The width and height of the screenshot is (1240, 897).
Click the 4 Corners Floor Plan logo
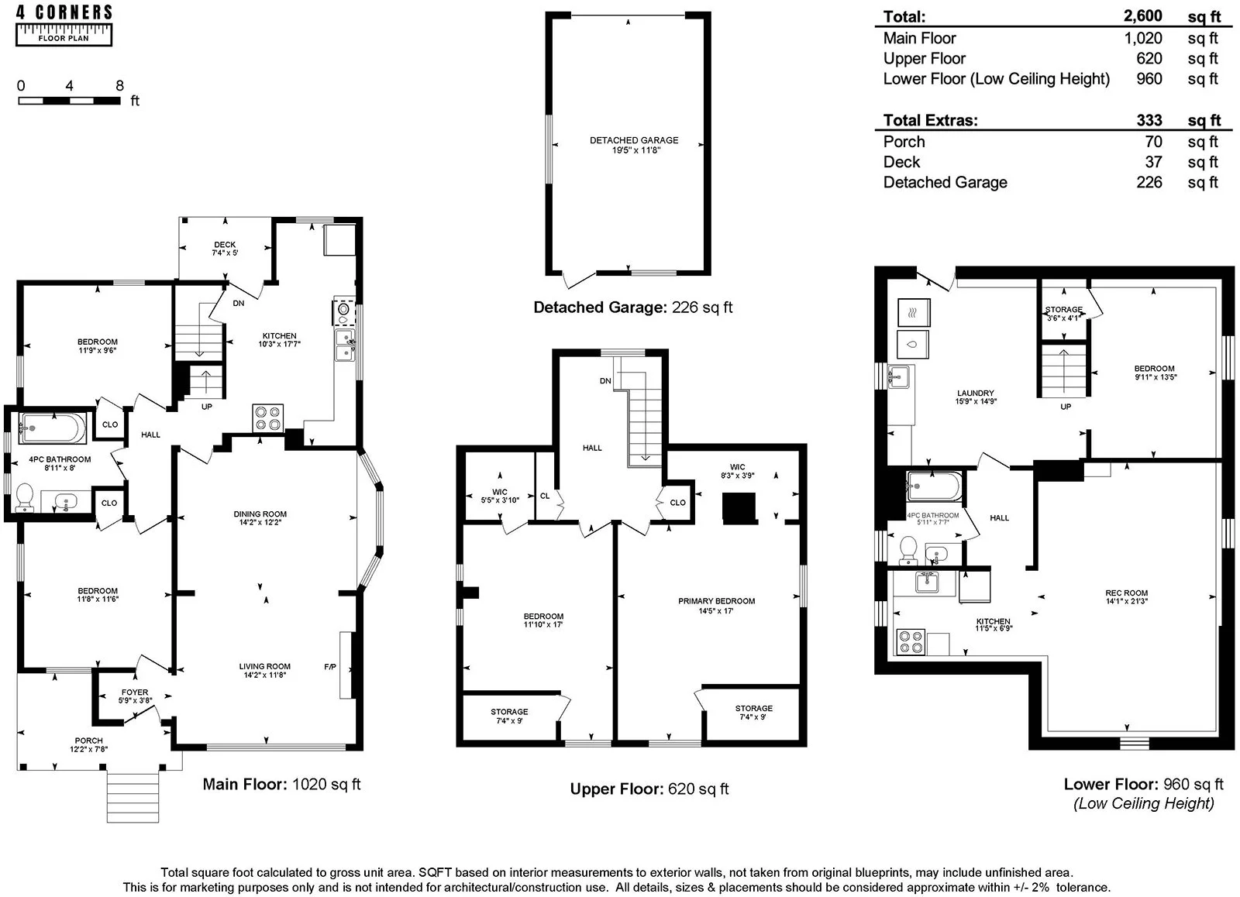64,24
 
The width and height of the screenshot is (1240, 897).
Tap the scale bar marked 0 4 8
69,101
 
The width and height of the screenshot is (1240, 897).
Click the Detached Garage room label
633,145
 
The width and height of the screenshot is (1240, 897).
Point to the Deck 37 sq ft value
1153,162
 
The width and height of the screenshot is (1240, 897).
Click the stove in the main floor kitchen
267,418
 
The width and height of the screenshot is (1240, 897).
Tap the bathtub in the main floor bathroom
53,425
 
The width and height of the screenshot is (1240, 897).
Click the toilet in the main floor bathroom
25,497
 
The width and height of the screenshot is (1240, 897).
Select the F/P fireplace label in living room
330,667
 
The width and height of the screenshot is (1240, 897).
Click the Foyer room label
135,696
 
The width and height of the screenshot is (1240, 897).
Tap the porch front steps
133,796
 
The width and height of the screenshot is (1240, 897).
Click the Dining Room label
260,518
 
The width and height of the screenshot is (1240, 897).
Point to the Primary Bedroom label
716,606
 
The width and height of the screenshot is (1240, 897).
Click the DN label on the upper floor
605,381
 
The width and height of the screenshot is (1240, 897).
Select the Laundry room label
975,397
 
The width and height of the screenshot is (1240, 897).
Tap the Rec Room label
1126,596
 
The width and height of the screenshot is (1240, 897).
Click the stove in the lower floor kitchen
911,642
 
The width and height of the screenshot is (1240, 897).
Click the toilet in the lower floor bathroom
908,551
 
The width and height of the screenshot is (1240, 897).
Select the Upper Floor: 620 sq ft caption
649,789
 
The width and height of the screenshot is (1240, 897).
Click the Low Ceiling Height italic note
1143,803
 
